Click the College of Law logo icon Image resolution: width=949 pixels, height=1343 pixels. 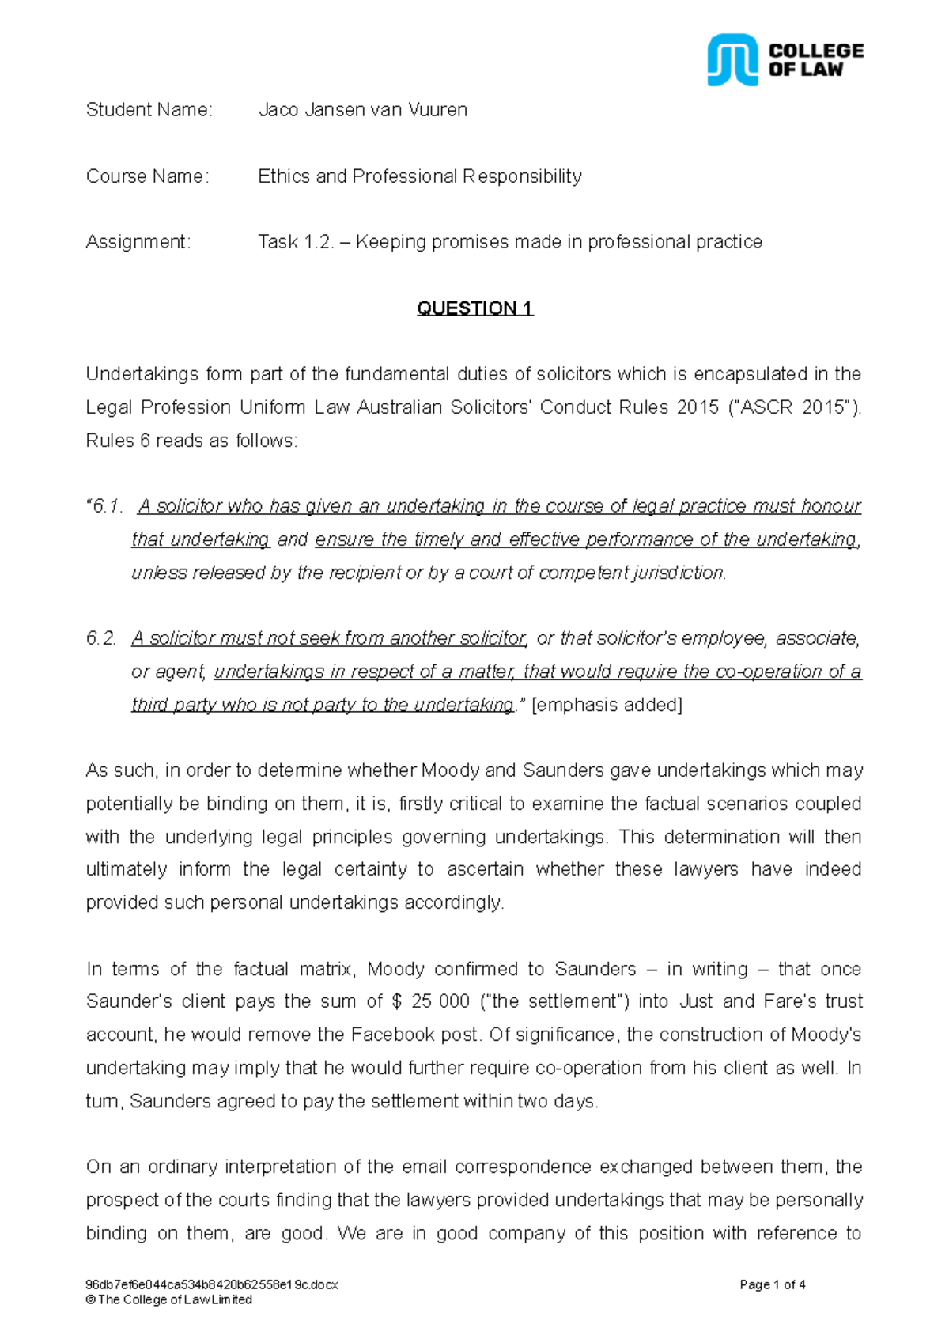click(x=732, y=59)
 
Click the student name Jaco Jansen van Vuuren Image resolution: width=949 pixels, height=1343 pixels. click(x=362, y=110)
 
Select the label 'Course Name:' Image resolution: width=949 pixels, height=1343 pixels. click(x=148, y=176)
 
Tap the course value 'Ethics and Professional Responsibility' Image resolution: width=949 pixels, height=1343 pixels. click(x=419, y=176)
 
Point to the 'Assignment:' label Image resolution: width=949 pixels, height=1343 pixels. click(x=138, y=242)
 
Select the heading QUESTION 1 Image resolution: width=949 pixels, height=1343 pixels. click(x=475, y=308)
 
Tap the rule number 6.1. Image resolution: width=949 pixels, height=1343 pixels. click(x=104, y=506)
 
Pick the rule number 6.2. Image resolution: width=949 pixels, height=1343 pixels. click(x=101, y=638)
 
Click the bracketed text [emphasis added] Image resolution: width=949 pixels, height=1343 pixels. click(x=607, y=705)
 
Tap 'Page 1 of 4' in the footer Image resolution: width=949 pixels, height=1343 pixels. click(x=772, y=1284)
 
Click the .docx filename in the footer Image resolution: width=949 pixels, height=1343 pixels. click(x=211, y=1284)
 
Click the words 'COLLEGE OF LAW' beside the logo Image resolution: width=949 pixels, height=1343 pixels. click(x=815, y=60)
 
